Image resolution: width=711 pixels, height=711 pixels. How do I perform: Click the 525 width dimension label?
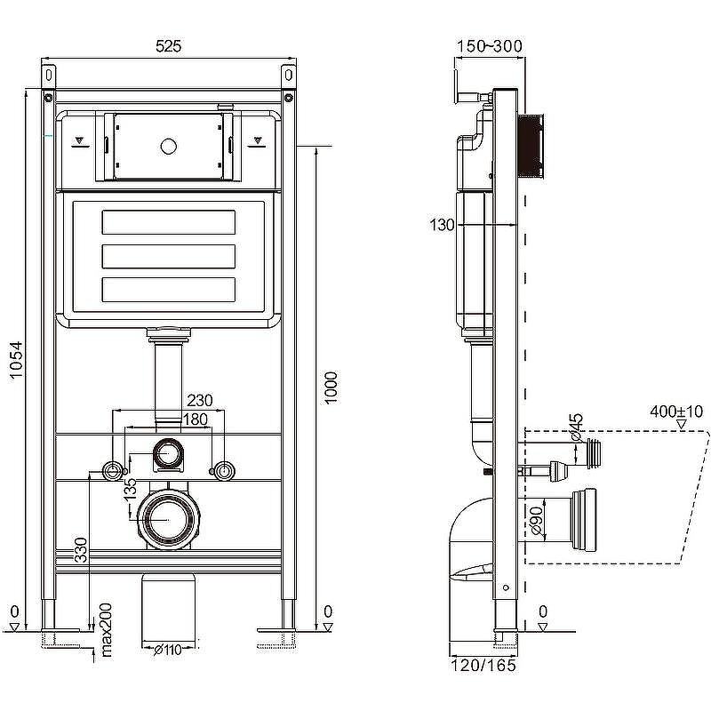(168, 46)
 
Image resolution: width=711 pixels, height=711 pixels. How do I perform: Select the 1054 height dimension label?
(16, 360)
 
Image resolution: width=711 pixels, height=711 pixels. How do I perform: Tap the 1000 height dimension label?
(331, 387)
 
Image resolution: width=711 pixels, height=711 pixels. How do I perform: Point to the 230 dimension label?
(199, 401)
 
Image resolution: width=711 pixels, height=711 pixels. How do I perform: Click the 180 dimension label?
(195, 419)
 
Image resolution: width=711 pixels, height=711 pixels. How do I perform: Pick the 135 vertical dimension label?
(130, 490)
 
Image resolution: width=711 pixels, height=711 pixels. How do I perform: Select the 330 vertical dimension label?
(81, 550)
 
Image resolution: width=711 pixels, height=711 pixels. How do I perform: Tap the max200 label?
(106, 630)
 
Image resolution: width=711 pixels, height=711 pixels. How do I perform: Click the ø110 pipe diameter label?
(167, 650)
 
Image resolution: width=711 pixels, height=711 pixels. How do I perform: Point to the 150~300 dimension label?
(490, 46)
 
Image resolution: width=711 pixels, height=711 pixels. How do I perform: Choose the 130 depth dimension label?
(442, 225)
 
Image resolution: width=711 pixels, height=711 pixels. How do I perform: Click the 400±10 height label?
(676, 411)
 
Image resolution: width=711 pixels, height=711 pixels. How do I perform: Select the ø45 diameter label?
(576, 427)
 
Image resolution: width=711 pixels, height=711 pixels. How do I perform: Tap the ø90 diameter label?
(537, 521)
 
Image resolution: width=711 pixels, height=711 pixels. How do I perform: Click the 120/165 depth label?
(483, 665)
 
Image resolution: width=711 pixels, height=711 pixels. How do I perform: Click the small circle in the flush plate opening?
(168, 147)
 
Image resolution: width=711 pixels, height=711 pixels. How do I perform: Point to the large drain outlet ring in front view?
(168, 520)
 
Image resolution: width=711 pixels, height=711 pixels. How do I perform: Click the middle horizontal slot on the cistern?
(169, 257)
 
